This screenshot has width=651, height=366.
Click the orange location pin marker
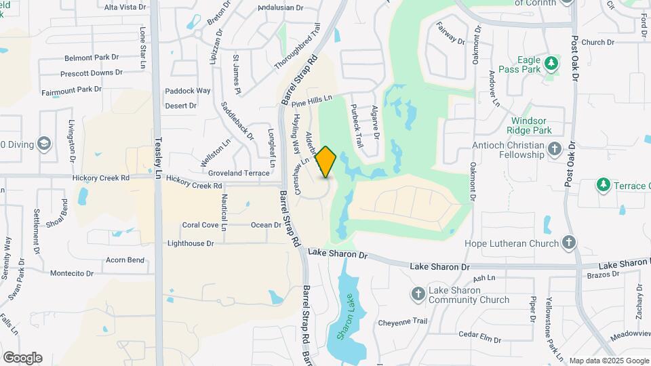click(x=326, y=162)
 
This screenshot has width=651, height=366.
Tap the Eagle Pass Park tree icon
click(x=552, y=63)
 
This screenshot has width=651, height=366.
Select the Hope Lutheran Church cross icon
click(x=569, y=242)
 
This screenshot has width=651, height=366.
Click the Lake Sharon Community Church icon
click(x=418, y=293)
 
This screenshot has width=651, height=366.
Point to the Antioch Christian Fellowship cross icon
click(x=554, y=148)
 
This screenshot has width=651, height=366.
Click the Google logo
click(x=22, y=357)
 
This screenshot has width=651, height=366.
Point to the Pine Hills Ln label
click(x=312, y=101)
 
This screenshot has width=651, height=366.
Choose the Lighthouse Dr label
click(x=191, y=243)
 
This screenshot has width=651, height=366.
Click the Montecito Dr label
click(x=71, y=273)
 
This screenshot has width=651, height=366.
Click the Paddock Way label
click(x=188, y=90)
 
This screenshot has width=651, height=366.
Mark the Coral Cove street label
click(x=200, y=225)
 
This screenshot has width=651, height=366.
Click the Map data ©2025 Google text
click(x=609, y=361)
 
